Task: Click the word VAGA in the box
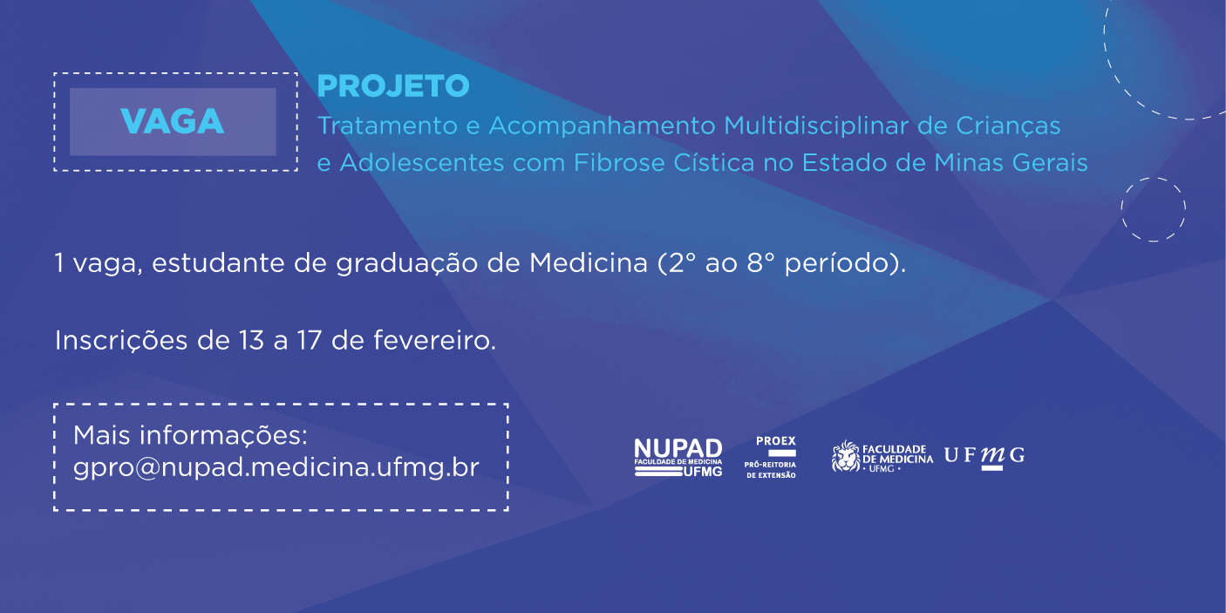(173, 121)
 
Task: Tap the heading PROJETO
(393, 86)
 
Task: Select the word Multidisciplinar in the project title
(816, 126)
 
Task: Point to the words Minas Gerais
(1011, 162)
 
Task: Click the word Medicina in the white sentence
(589, 263)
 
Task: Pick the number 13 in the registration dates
(251, 340)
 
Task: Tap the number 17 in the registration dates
(310, 340)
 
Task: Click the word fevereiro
(434, 340)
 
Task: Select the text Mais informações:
(190, 435)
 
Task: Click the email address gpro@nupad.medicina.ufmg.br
(276, 467)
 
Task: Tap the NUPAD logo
(678, 458)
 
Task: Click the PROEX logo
(771, 457)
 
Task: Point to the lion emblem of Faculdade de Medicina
(846, 456)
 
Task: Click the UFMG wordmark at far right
(984, 456)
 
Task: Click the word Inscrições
(121, 340)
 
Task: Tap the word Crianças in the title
(1008, 126)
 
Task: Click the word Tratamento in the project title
(387, 126)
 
